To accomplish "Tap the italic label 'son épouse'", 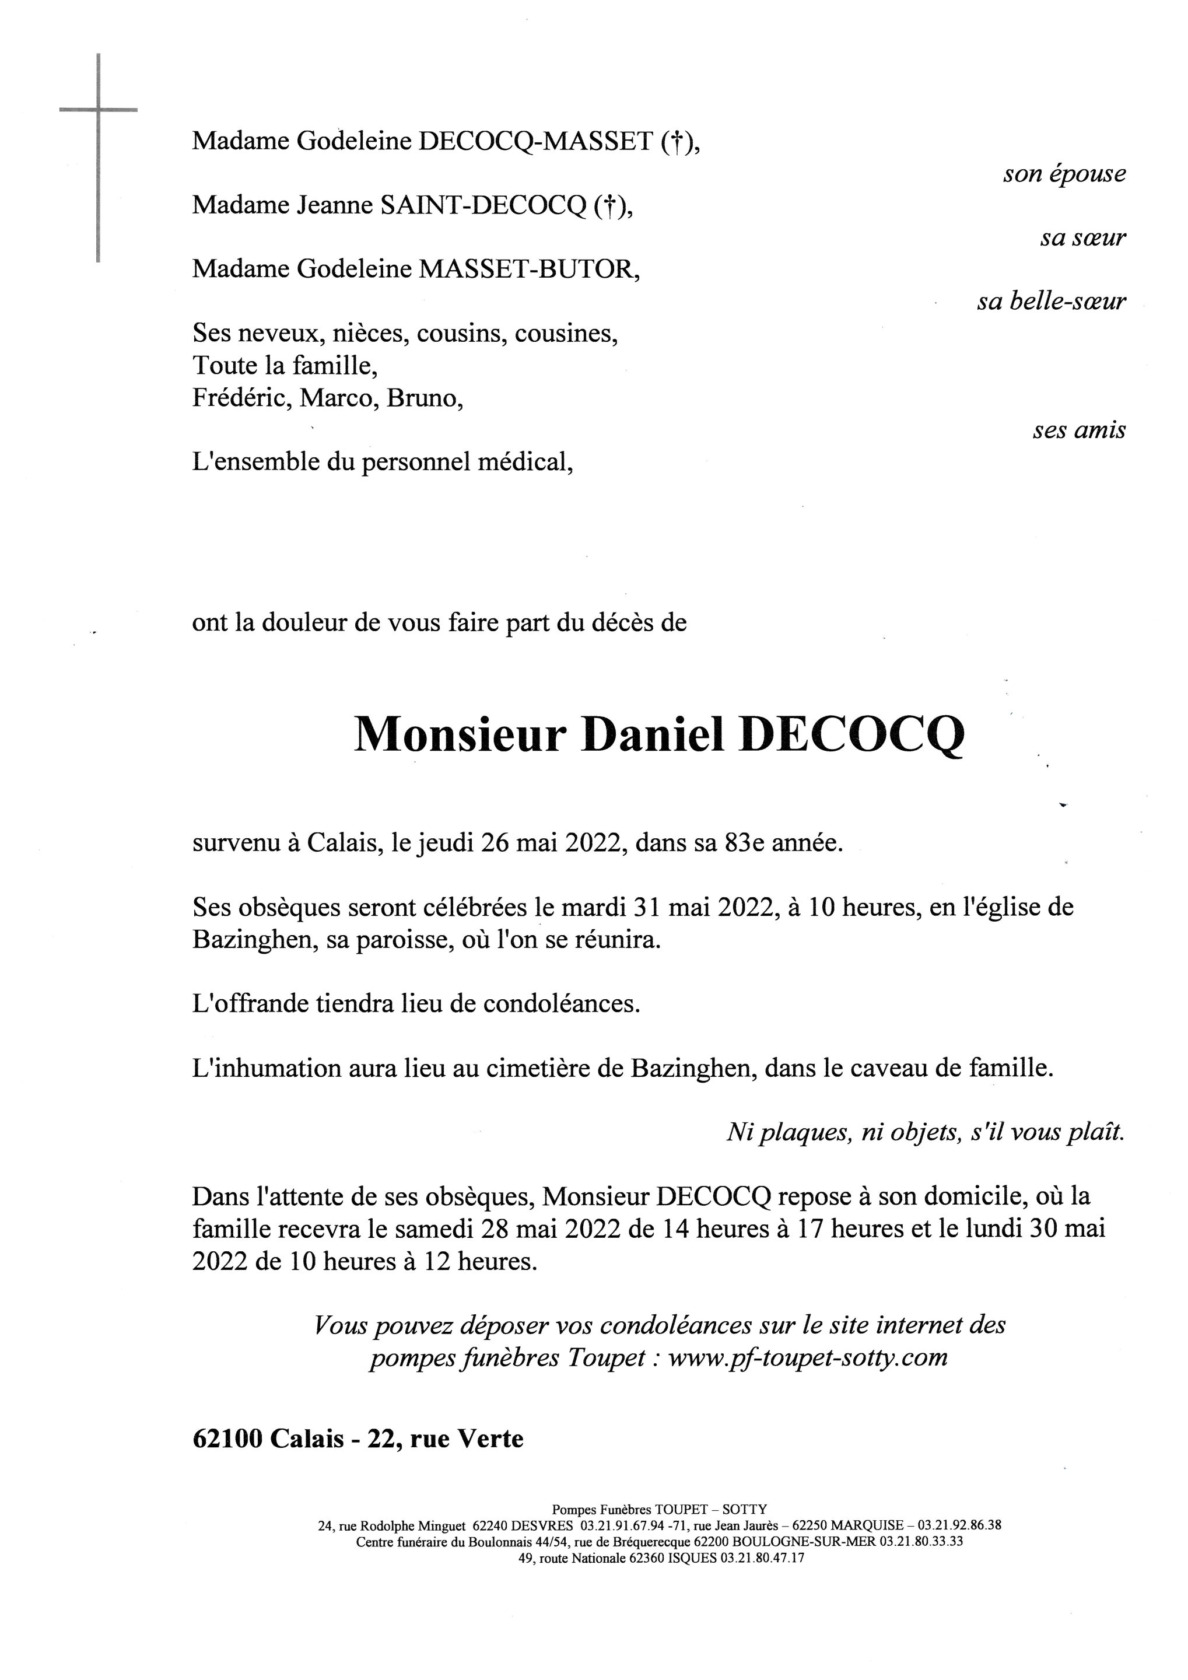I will tap(1064, 175).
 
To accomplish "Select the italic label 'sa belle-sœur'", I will tap(1051, 302).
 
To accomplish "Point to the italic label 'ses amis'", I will tap(1079, 430).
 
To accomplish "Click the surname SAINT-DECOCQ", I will tap(481, 206).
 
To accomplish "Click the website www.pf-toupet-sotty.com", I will tap(808, 1358).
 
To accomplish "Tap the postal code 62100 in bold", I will tap(227, 1439).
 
